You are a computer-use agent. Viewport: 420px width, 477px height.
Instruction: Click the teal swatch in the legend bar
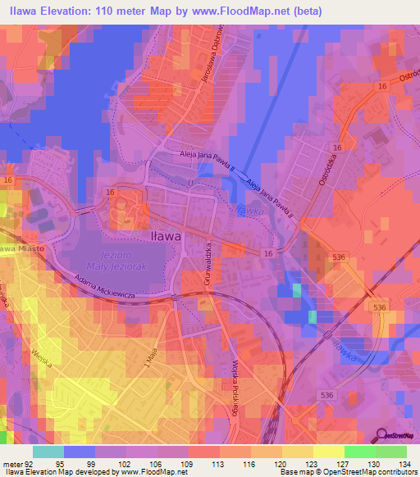click(48, 452)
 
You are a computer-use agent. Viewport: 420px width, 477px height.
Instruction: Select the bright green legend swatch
click(359, 452)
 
